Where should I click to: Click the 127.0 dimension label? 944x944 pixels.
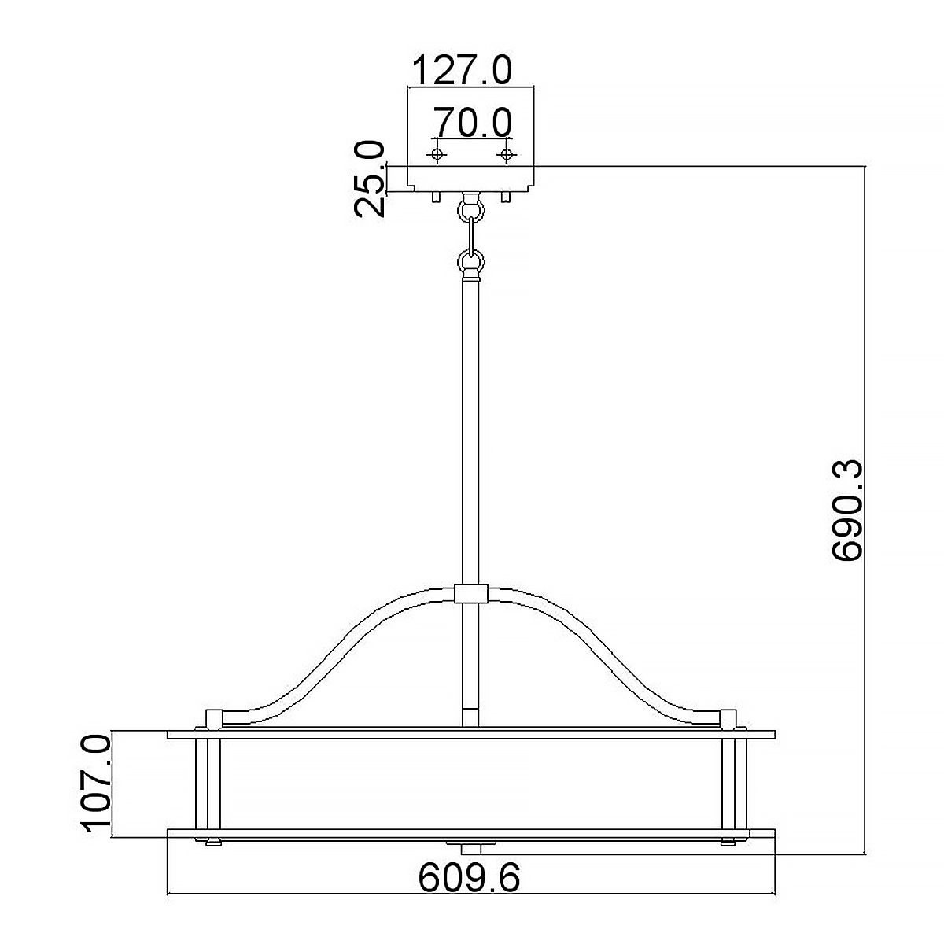462,71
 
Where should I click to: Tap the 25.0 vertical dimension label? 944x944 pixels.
370,179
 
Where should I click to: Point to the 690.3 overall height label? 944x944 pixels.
848,511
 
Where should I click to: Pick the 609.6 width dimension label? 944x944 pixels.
469,878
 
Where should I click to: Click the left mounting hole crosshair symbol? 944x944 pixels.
438,153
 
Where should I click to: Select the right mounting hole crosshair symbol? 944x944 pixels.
507,153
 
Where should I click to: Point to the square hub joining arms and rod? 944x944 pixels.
471,594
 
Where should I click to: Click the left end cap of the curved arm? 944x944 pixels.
212,718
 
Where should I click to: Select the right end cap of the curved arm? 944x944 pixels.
729,718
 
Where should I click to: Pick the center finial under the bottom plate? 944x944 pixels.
471,848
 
